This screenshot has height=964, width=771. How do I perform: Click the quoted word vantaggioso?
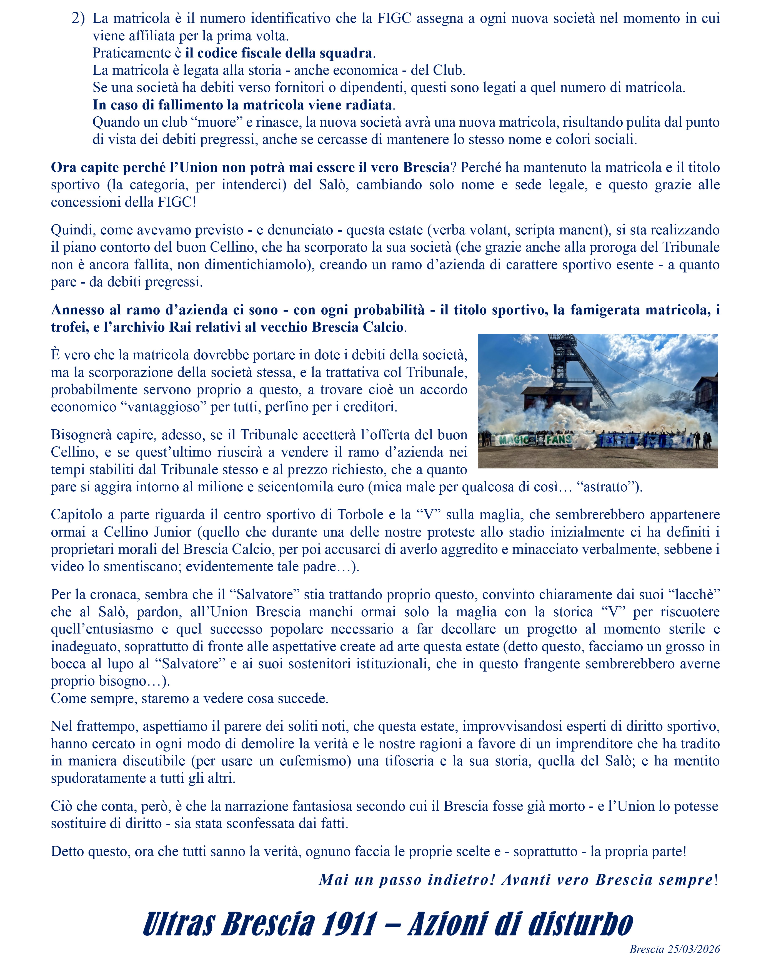166,407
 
